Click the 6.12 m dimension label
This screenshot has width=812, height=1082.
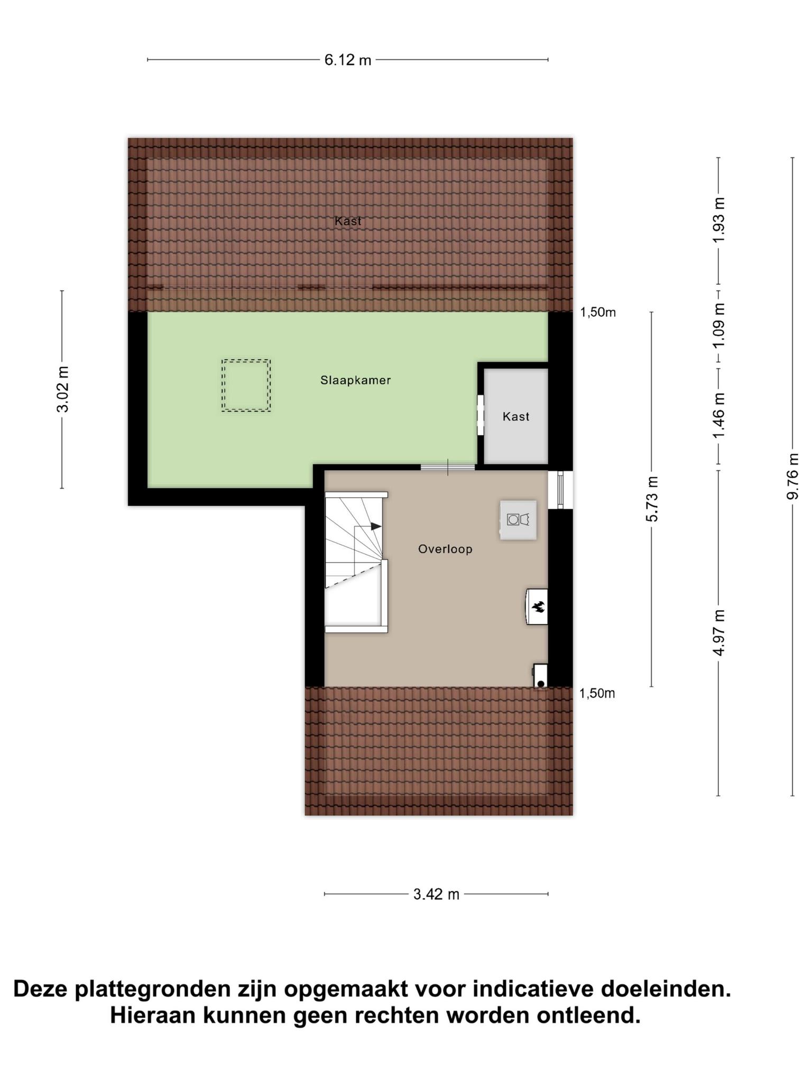(348, 60)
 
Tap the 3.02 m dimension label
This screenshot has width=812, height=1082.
(63, 389)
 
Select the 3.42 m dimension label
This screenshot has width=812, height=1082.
(436, 894)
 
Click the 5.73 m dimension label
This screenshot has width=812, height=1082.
(652, 499)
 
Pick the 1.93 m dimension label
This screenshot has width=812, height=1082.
(718, 220)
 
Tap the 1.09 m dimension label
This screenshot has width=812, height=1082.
(718, 326)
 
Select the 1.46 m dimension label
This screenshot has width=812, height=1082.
(718, 415)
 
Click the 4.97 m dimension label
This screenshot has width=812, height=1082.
(718, 632)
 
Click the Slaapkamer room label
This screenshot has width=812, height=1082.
(356, 380)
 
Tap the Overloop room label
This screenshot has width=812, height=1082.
(445, 549)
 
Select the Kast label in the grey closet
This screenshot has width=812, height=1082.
(516, 417)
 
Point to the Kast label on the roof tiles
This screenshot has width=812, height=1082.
(348, 221)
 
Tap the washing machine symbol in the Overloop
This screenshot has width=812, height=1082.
(518, 520)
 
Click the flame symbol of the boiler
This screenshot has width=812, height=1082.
(539, 607)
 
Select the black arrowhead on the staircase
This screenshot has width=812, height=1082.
(376, 526)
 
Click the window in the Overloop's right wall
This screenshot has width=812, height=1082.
(560, 490)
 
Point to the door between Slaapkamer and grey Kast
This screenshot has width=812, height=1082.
(481, 415)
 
